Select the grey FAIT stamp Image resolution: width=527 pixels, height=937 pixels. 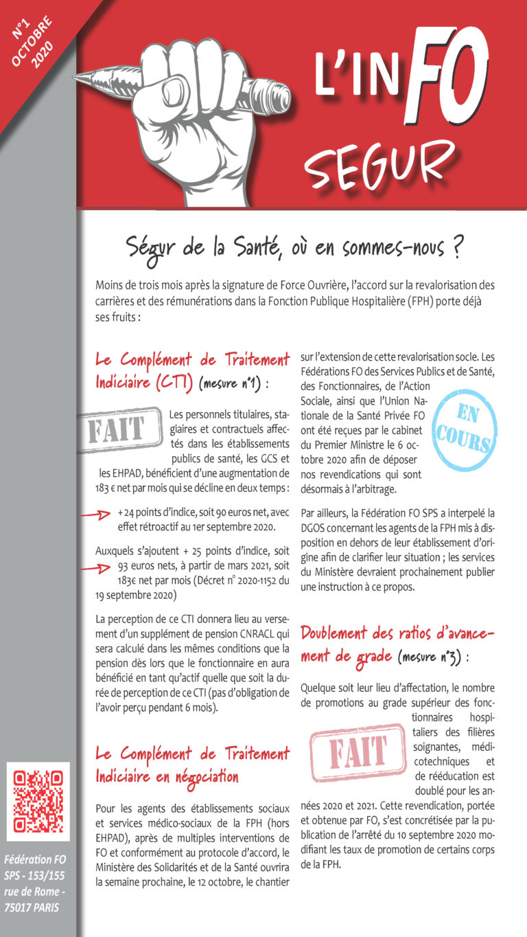coord(119,431)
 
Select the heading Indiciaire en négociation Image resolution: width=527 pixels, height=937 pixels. coord(167,777)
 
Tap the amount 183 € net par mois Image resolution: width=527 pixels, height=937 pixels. coord(139,488)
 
